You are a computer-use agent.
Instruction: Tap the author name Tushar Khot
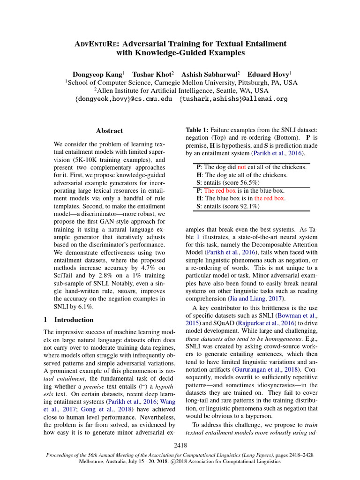(x=153, y=74)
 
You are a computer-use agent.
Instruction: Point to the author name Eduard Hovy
(x=269, y=74)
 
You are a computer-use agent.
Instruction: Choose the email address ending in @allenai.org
(x=233, y=99)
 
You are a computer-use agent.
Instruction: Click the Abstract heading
(x=109, y=131)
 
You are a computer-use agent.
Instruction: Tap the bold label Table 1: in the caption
(x=197, y=129)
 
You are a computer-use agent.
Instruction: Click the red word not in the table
(x=241, y=167)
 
